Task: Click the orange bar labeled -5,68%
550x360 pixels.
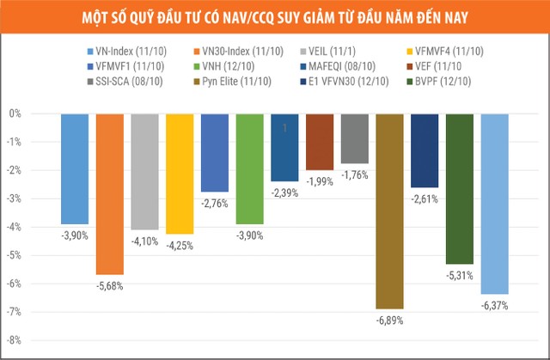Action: (109, 193)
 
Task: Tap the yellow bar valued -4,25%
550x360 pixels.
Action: (180, 174)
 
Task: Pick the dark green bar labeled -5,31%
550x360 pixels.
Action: (460, 188)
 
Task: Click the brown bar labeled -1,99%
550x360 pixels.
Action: (320, 142)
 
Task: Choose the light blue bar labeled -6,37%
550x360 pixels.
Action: (494, 204)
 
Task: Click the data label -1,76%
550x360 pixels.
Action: (355, 175)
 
